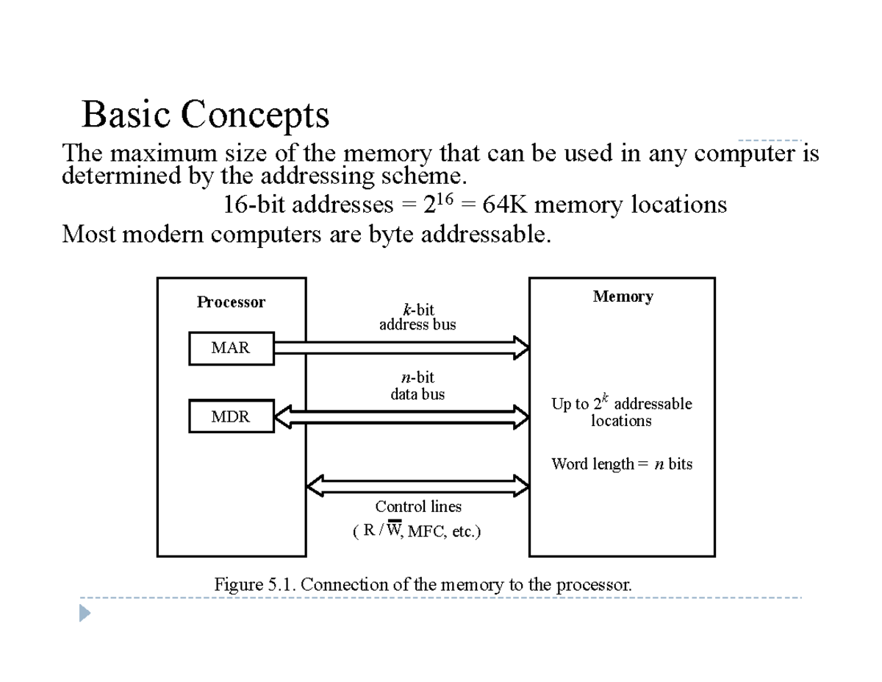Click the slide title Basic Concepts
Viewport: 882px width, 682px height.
coord(205,115)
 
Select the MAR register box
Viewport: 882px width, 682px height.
coord(232,348)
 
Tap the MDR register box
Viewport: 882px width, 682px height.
coord(232,416)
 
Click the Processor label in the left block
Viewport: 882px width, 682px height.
coord(231,302)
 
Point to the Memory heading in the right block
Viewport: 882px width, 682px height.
coord(623,296)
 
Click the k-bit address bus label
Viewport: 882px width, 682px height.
coord(417,317)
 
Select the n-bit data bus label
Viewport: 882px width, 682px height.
coord(417,386)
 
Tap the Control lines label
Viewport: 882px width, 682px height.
coord(418,506)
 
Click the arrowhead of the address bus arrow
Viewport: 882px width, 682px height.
coord(522,348)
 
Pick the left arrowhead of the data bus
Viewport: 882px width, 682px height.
coord(282,416)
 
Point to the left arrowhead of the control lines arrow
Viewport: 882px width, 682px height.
coord(315,486)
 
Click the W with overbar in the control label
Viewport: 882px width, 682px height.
coord(394,529)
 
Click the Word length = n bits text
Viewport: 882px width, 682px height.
coord(621,464)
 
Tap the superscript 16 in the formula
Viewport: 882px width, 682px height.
coord(445,199)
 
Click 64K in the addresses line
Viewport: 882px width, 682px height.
coord(504,204)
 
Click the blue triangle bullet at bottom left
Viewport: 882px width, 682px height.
coord(84,613)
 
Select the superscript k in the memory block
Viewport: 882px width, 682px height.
coord(605,397)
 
